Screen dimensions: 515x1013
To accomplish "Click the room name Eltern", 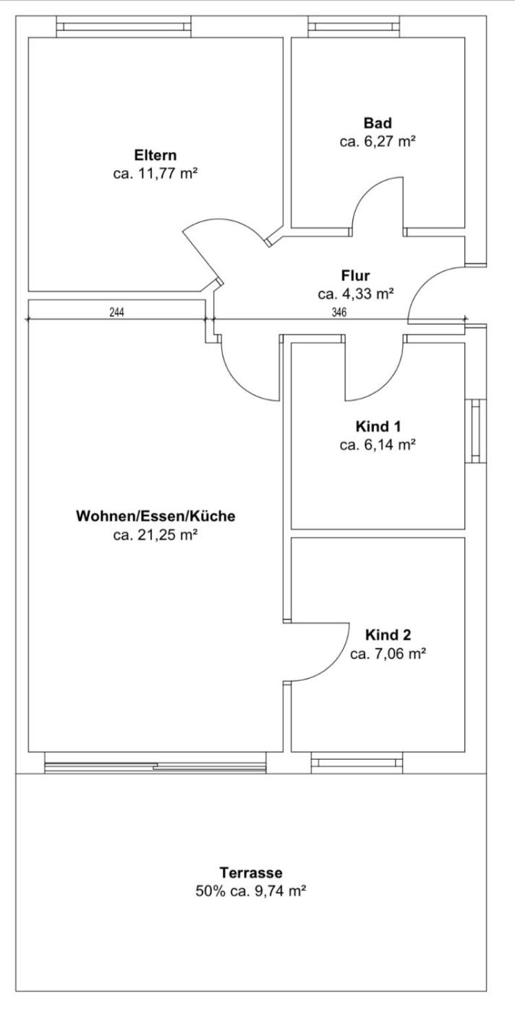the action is [x=155, y=155].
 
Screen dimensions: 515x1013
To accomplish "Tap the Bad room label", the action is [x=378, y=123].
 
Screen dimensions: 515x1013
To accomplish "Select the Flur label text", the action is [x=355, y=276].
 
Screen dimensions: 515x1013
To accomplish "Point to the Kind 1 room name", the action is [x=378, y=426].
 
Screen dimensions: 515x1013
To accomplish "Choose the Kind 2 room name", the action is [x=388, y=635].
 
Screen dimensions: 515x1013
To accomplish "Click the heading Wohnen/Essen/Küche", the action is [x=156, y=516].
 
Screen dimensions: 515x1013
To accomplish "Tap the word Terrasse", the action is [x=251, y=873].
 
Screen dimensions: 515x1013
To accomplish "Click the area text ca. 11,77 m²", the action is [x=156, y=174].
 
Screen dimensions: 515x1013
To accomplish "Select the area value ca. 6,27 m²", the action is [x=378, y=142].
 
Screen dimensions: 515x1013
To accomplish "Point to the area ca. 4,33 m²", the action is [x=355, y=294].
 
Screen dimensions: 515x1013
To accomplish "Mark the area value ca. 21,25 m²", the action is [x=156, y=535].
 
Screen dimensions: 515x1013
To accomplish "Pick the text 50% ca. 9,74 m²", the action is [x=251, y=891].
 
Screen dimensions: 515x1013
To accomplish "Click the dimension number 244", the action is [x=117, y=312].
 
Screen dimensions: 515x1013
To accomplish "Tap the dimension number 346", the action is [x=339, y=312].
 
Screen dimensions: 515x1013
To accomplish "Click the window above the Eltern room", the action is [x=124, y=27].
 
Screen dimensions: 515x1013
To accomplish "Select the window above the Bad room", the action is [x=354, y=27].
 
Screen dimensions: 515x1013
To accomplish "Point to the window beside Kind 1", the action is [x=476, y=431].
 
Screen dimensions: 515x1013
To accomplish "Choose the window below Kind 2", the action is [x=357, y=763].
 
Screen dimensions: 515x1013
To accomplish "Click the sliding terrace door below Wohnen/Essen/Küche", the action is [x=156, y=763].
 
